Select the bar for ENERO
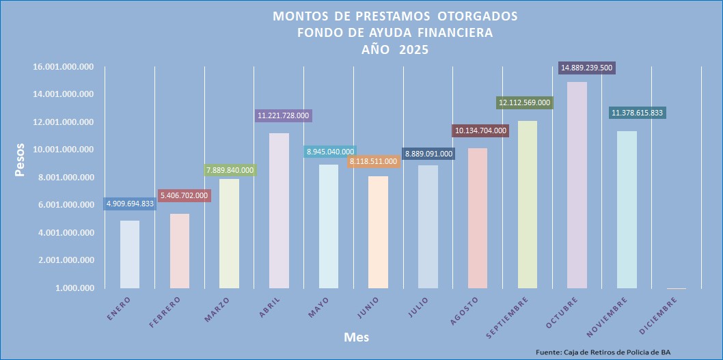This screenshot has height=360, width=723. click(130, 254)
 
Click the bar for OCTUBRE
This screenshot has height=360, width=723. click(577, 185)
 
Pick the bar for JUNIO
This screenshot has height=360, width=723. click(378, 232)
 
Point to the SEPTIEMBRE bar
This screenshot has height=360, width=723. click(528, 205)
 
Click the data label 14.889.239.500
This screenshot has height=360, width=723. click(586, 68)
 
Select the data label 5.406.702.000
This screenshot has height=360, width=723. click(185, 195)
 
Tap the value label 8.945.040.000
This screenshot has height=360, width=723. click(329, 152)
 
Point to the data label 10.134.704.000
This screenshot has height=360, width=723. click(480, 130)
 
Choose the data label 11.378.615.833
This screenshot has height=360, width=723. click(637, 113)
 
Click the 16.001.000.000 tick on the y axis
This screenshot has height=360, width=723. click(64, 67)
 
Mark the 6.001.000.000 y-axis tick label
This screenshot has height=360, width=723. click(64, 205)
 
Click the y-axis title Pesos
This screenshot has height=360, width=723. click(21, 160)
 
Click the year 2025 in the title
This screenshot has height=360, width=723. click(414, 49)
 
